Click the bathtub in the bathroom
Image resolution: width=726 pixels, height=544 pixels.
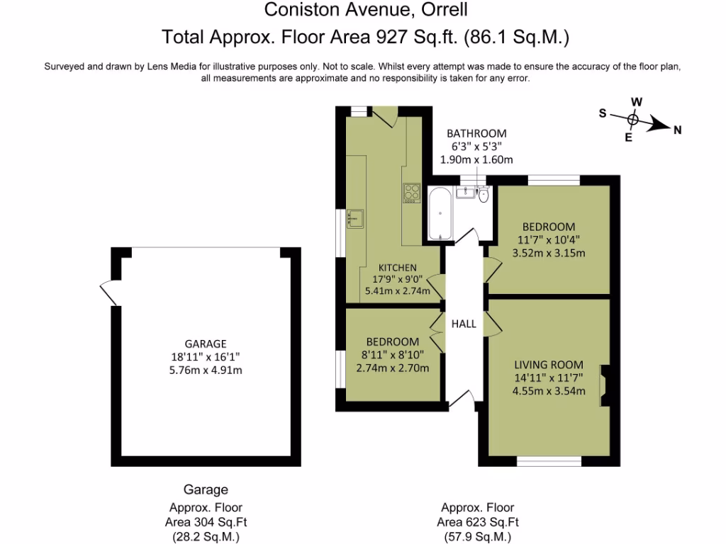pyautogui.click(x=440, y=213)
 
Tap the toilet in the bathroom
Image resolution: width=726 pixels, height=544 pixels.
pyautogui.click(x=484, y=194)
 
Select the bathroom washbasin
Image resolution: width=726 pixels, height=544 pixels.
pyautogui.click(x=467, y=193)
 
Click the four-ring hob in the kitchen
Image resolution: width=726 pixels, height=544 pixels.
pyautogui.click(x=412, y=193)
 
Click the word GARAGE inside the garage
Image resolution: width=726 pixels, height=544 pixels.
pyautogui.click(x=206, y=344)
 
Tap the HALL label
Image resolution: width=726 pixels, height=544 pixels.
pyautogui.click(x=464, y=324)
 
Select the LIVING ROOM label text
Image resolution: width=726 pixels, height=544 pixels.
pyautogui.click(x=548, y=365)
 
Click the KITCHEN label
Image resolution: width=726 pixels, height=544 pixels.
pyautogui.click(x=397, y=267)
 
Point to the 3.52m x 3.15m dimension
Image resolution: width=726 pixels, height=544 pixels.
pyautogui.click(x=548, y=253)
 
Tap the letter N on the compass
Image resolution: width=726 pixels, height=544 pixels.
pyautogui.click(x=677, y=129)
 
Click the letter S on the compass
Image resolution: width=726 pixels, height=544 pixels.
pyautogui.click(x=603, y=113)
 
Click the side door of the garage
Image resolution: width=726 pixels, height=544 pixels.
pyautogui.click(x=108, y=293)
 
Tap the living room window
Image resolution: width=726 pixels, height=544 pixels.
pyautogui.click(x=549, y=461)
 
